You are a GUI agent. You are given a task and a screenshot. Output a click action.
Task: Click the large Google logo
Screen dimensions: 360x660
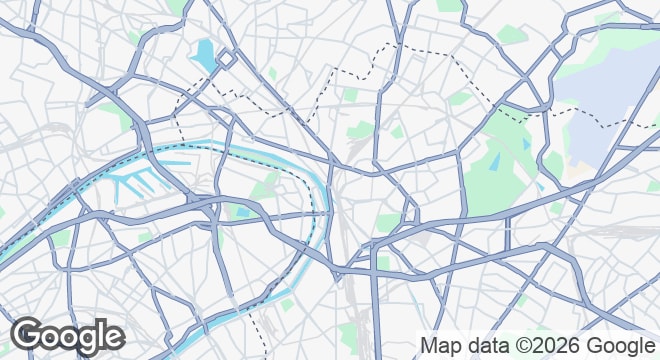[x=67, y=336]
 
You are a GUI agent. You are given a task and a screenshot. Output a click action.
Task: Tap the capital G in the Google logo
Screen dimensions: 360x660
[x=29, y=336]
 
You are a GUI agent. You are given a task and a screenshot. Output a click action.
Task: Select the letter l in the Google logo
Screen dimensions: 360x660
[x=101, y=334]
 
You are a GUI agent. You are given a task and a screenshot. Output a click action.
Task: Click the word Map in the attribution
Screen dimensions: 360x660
[x=441, y=345]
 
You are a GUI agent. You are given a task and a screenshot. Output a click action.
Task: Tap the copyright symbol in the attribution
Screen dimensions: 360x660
[x=519, y=345]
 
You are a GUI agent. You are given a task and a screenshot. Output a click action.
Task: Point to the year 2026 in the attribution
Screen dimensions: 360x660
[x=549, y=345]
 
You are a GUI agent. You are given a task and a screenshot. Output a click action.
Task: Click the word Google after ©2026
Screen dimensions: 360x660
[x=613, y=345]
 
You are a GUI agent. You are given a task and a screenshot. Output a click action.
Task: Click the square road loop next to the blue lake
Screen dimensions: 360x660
[x=227, y=59]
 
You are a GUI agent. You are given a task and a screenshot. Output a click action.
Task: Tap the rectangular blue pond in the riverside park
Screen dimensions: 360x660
[x=239, y=210]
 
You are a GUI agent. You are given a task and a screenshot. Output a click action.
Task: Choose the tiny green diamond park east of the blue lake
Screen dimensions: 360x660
[x=272, y=73]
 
